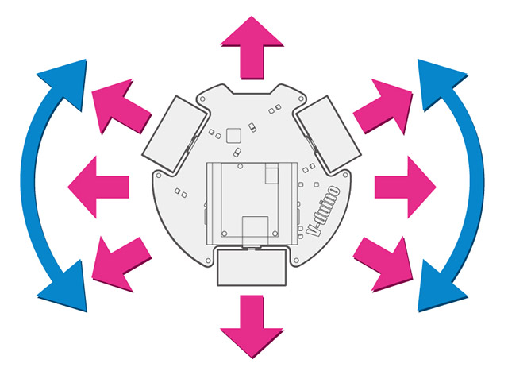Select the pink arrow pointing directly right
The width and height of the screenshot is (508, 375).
point(405,186)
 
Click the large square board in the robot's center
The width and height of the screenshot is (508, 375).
point(251,203)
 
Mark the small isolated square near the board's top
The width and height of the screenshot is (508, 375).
point(234,135)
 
